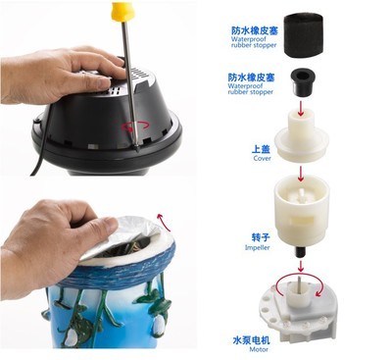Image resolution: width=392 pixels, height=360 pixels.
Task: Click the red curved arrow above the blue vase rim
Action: [156, 210]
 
